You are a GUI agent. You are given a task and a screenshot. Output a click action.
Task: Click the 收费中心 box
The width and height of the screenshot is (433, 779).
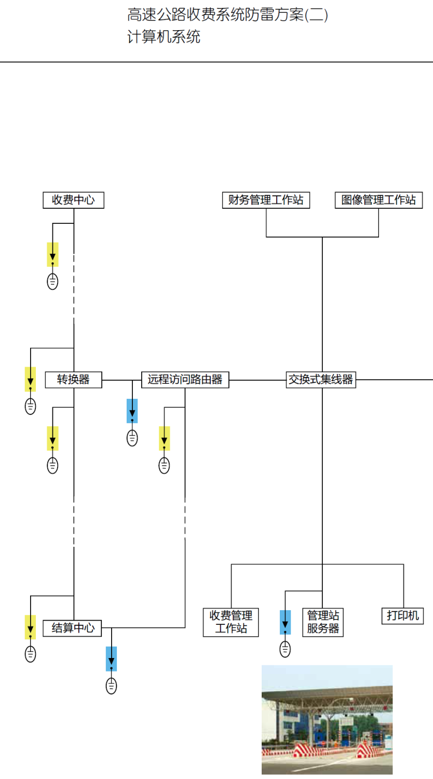73,200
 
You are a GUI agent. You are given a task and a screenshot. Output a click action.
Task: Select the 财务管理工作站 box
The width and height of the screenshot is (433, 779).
266,200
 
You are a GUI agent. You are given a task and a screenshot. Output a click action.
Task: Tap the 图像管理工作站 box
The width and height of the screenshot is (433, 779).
378,200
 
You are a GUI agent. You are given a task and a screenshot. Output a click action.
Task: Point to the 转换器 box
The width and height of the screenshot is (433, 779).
73,380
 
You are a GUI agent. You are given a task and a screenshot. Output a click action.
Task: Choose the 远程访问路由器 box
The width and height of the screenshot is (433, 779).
185,380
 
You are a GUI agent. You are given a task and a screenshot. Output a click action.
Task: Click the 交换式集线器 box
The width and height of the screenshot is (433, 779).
321,380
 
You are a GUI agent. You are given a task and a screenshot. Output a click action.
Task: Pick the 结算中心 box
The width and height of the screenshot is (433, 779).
72,628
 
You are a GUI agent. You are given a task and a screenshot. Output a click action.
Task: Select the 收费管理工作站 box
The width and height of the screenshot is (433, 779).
231,622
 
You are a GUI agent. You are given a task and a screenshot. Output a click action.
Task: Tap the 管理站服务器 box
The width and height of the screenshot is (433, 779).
322,622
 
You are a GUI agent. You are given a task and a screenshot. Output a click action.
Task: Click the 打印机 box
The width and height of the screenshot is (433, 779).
402,616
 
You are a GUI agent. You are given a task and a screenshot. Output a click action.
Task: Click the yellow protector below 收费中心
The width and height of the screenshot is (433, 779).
52,254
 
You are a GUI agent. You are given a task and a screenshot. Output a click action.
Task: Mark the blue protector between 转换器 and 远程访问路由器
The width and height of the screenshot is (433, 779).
132,411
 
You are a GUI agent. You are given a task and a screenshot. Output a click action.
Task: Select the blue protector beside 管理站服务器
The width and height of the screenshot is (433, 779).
285,622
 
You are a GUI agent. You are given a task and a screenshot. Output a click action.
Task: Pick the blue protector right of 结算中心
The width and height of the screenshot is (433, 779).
111,659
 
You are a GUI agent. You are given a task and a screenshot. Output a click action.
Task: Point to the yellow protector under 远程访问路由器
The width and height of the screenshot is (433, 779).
164,438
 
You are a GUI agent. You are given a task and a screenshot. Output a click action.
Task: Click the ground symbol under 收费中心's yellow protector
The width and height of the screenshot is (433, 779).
52,281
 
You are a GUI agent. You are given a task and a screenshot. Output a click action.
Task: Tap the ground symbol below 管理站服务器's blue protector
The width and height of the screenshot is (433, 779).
285,649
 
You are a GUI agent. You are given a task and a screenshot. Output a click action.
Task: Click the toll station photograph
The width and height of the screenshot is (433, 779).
327,719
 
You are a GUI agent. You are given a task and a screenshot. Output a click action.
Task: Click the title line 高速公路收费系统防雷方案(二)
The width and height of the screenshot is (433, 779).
227,15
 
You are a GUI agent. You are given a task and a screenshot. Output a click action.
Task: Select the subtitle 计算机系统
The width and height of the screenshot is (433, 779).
164,37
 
